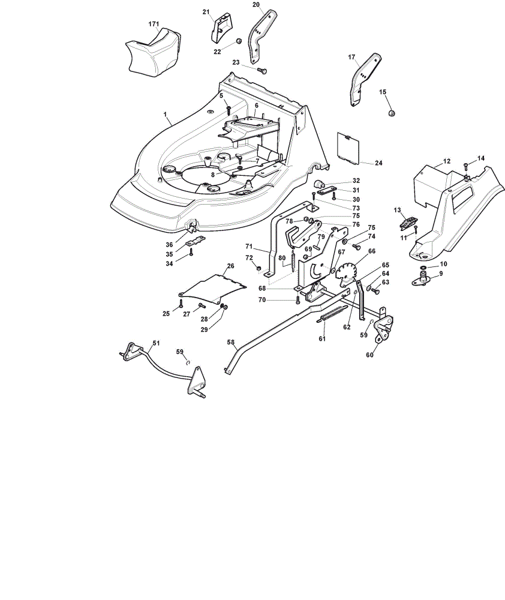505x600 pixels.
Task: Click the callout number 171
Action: pyautogui.click(x=154, y=24)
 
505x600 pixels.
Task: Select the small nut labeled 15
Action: pyautogui.click(x=391, y=113)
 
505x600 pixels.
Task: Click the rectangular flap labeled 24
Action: pyautogui.click(x=348, y=148)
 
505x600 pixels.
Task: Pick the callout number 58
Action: pyautogui.click(x=231, y=342)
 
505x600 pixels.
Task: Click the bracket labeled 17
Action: pyautogui.click(x=365, y=79)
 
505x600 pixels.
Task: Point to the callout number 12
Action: pyautogui.click(x=446, y=161)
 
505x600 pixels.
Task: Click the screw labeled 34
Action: pyautogui.click(x=191, y=252)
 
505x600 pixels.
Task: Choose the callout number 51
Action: pyautogui.click(x=156, y=343)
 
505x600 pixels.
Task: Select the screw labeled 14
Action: pyautogui.click(x=465, y=166)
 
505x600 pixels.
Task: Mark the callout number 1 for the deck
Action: pyautogui.click(x=166, y=114)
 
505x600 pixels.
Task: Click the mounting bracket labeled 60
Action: pyautogui.click(x=384, y=326)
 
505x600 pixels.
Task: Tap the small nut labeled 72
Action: pyautogui.click(x=258, y=267)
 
